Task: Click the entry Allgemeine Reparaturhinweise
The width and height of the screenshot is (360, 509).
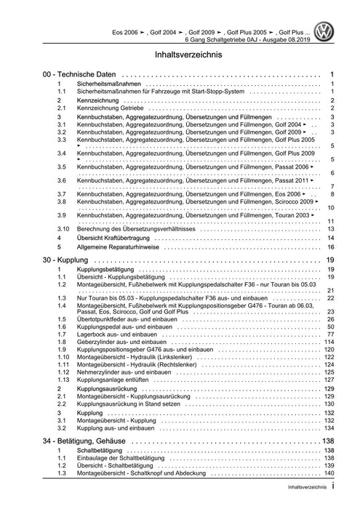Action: click(x=119, y=247)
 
